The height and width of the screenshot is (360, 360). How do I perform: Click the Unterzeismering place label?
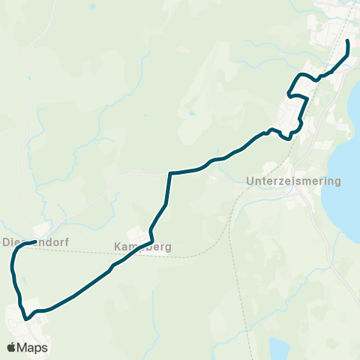pos(293,181)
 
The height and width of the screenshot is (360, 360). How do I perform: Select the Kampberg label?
pos(143,246)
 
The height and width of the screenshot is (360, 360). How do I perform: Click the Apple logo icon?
pos(11,348)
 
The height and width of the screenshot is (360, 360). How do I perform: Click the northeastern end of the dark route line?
pos(348,40)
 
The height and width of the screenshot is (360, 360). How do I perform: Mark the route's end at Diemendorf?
pos(35,242)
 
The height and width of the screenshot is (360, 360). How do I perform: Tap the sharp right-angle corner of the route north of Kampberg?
pos(170,174)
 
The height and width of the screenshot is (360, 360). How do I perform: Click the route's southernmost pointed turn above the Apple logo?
pos(27,319)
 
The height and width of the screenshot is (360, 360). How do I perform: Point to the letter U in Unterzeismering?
pos(250,181)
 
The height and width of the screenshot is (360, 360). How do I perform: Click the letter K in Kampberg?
pos(117,246)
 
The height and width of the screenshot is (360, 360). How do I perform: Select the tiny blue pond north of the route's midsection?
pos(192,113)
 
